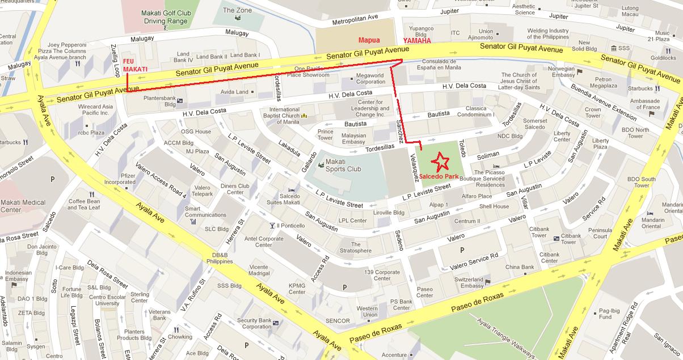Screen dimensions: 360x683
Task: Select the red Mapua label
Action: [368, 40]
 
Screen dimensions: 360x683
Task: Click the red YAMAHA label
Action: [417, 41]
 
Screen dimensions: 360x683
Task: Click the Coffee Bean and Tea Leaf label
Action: [85, 204]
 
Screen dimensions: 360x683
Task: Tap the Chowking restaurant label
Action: [179, 337]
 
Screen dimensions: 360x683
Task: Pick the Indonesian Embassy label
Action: [18, 276]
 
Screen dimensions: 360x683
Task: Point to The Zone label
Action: [237, 10]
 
